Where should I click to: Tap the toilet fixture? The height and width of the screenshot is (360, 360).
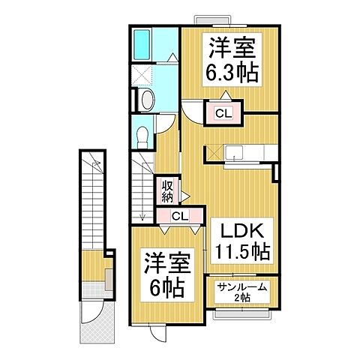(143, 134)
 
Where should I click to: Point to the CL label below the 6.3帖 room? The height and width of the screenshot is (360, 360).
(223, 113)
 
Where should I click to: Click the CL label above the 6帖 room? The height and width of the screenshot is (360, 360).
(179, 216)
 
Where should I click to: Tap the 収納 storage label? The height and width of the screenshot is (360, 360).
(165, 190)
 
